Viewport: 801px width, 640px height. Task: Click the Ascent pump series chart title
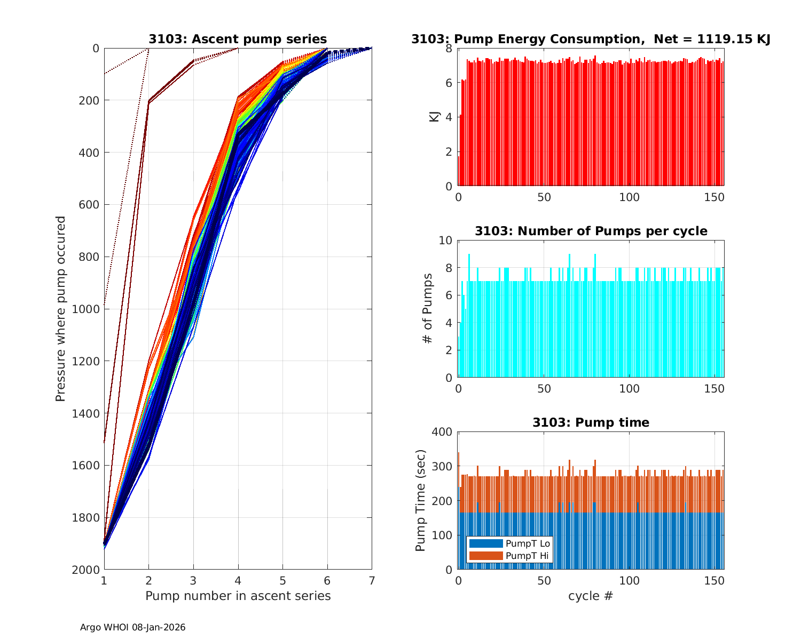pyautogui.click(x=238, y=39)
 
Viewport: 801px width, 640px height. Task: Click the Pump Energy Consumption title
pyautogui.click(x=591, y=39)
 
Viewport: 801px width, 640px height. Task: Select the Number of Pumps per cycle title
pyautogui.click(x=591, y=231)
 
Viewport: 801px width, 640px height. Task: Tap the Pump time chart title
pyautogui.click(x=591, y=422)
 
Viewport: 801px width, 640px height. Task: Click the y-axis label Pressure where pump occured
pyautogui.click(x=61, y=309)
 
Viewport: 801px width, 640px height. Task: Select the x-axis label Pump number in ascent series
pyautogui.click(x=238, y=596)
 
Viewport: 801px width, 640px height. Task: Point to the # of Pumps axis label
pyautogui.click(x=427, y=309)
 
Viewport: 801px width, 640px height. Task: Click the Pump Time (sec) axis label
pyautogui.click(x=421, y=501)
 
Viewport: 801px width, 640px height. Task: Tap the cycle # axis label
pyautogui.click(x=591, y=596)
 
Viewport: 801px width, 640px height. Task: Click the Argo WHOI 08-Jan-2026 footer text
pyautogui.click(x=133, y=628)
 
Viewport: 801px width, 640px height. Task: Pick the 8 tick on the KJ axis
pyautogui.click(x=449, y=49)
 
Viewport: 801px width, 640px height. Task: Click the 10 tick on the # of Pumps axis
pyautogui.click(x=446, y=241)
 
